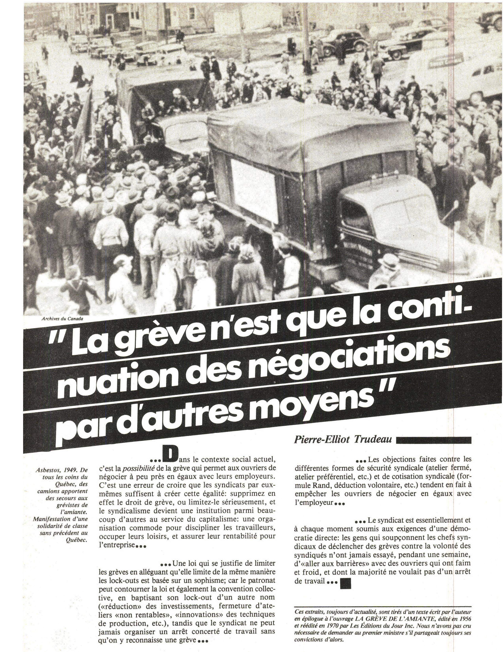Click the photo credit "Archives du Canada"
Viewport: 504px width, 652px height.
click(62, 318)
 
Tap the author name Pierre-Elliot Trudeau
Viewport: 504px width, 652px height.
click(343, 439)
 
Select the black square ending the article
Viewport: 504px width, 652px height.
click(346, 575)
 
